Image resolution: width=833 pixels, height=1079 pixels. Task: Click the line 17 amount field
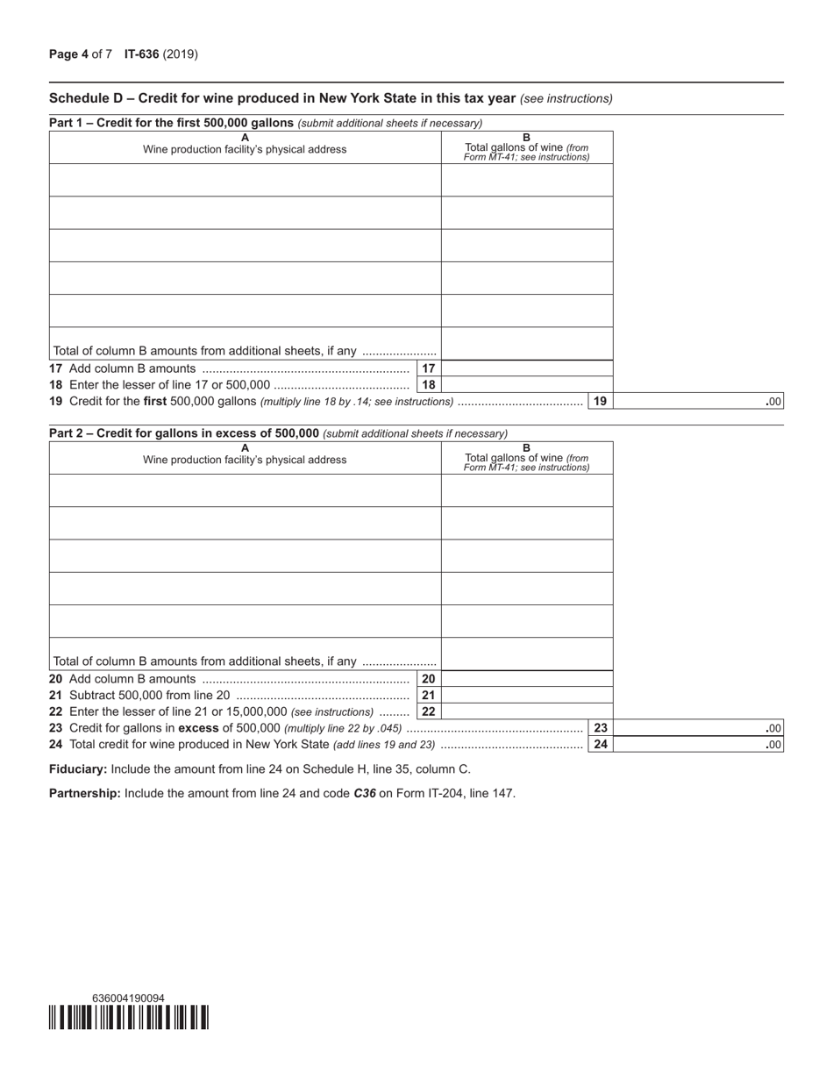[526, 368]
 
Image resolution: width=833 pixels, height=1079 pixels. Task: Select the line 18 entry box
[526, 385]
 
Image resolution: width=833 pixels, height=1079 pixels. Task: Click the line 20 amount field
[526, 679]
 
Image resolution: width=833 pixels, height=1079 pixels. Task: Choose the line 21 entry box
[526, 696]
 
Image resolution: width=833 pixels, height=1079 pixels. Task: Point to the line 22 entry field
[526, 711]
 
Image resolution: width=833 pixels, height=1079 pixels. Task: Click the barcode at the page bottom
[129, 1018]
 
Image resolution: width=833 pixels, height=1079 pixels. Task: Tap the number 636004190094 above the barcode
[128, 998]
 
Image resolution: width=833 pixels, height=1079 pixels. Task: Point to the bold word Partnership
[84, 794]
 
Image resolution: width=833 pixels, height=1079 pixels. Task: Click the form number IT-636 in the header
[142, 54]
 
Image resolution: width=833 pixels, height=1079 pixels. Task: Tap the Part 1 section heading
[172, 123]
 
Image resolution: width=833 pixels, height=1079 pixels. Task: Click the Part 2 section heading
[184, 433]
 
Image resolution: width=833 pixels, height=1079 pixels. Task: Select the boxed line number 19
[600, 402]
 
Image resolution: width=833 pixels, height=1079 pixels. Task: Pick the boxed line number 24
[600, 745]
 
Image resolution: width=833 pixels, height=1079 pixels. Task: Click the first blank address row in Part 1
[245, 180]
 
